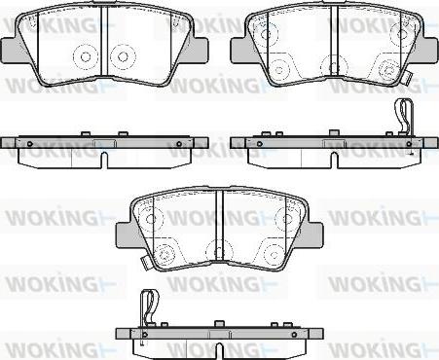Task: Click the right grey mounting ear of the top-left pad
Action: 198,50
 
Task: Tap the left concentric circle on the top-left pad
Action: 86,57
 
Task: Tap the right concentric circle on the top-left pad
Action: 123,57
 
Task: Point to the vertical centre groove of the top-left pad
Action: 104,41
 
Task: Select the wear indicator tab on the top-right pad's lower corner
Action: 407,78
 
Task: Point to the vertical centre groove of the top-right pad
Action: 335,41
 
